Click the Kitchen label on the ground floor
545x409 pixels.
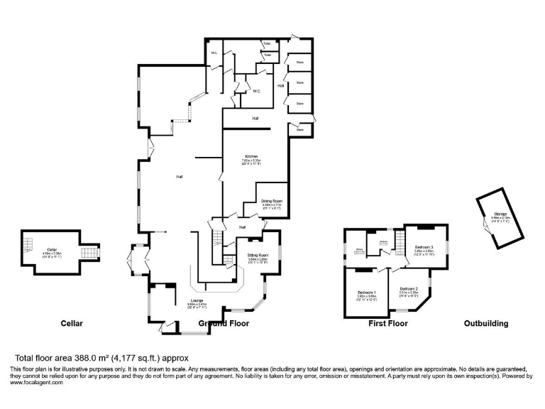[251, 156]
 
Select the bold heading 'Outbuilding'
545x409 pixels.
[486, 324]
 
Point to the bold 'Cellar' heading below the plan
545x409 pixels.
[71, 324]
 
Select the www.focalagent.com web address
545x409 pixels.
[36, 383]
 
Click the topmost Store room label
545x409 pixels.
[299, 62]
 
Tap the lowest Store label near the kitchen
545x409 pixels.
[299, 130]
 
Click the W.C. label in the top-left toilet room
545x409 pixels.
[214, 53]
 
